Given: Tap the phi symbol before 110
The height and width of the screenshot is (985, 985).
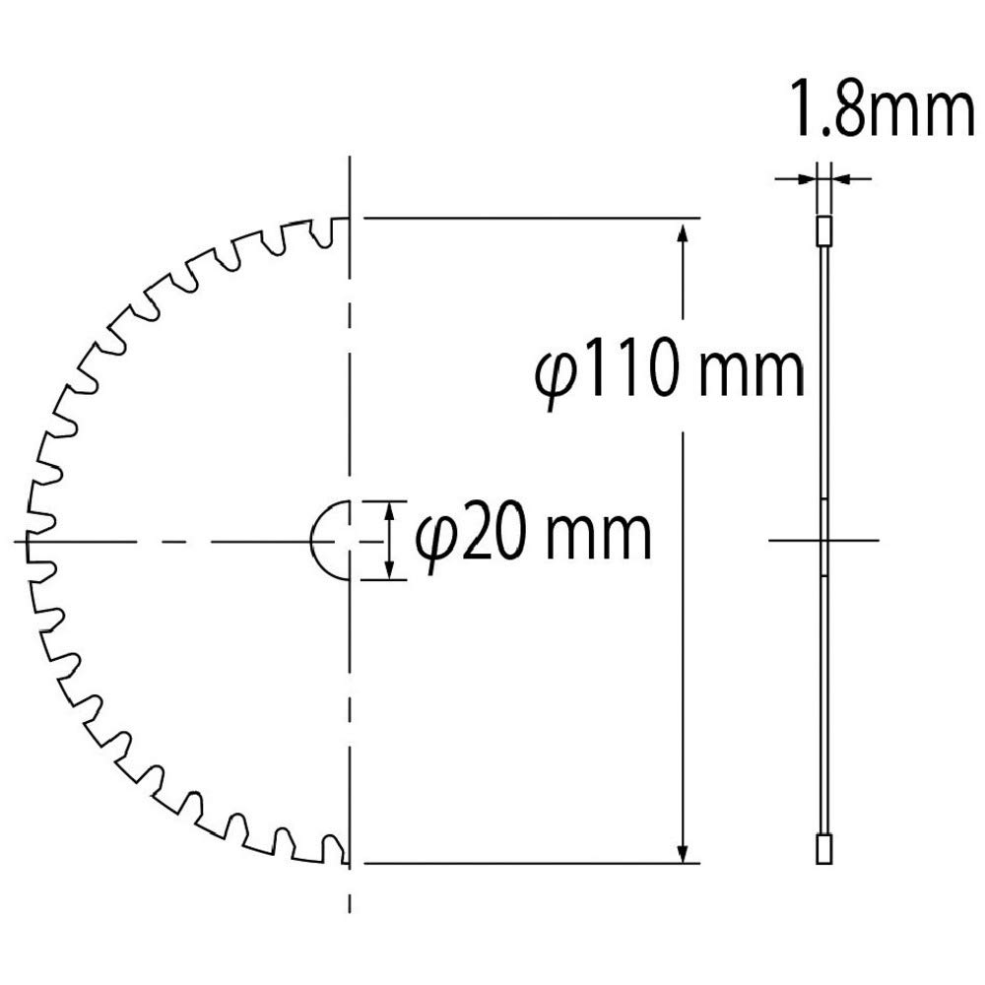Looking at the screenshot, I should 559,378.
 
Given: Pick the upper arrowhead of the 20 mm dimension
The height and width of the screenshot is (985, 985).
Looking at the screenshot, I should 390,511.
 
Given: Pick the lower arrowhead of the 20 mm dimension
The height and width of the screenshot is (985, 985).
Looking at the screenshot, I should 390,568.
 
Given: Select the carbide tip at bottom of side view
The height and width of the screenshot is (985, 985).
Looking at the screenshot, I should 824,848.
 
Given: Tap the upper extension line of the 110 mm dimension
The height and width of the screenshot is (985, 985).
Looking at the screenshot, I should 532,218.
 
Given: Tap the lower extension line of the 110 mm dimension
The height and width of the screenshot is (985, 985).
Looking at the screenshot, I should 532,863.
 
